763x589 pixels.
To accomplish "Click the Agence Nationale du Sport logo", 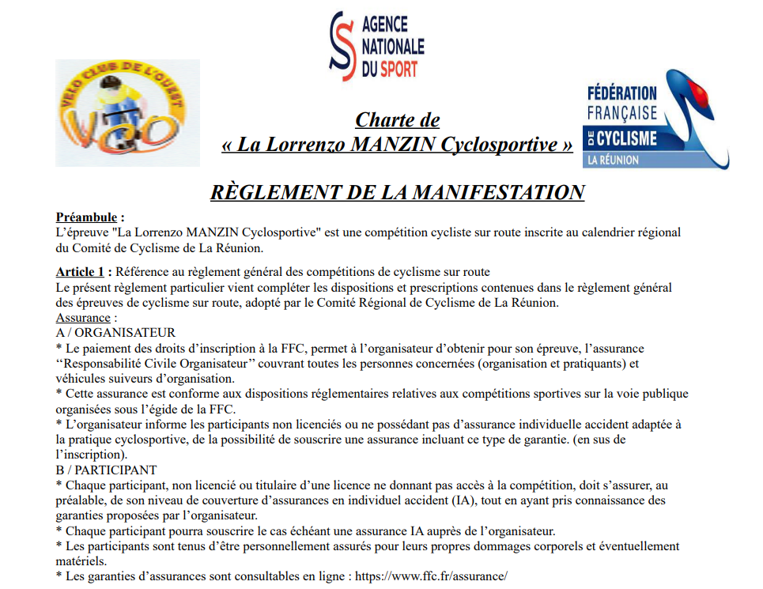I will (x=376, y=45).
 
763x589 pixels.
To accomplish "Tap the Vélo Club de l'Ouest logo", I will (x=127, y=113).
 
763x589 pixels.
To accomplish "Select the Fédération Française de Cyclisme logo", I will (x=655, y=119).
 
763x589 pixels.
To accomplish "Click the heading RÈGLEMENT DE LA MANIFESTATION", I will (x=397, y=192).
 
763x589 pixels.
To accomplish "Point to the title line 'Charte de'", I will (x=397, y=120).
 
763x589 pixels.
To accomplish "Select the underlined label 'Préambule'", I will (x=88, y=217).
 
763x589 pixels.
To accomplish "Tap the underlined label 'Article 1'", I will (x=79, y=273).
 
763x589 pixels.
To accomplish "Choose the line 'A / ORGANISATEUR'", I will (x=115, y=333).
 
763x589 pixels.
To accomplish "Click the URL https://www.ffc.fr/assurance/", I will (x=431, y=576).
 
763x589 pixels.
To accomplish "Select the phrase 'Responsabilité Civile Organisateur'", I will (x=158, y=364).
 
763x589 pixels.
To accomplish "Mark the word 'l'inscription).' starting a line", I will (x=89, y=455).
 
